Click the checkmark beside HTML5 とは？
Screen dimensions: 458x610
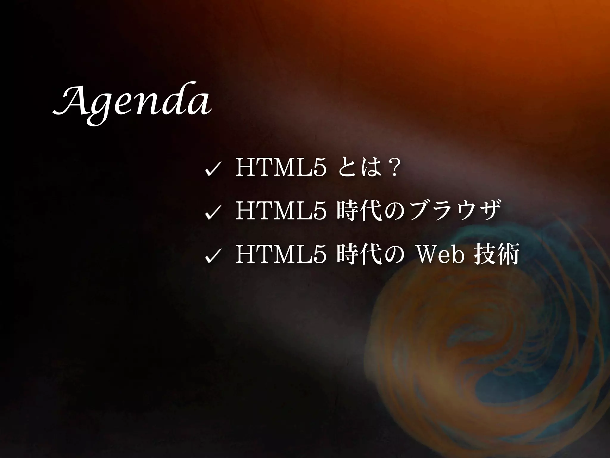coord(212,171)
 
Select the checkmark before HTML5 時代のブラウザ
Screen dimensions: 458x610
coord(212,213)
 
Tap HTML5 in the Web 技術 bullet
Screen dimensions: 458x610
coord(280,253)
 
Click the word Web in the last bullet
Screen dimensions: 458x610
coord(441,253)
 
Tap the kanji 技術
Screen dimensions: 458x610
coord(496,253)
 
